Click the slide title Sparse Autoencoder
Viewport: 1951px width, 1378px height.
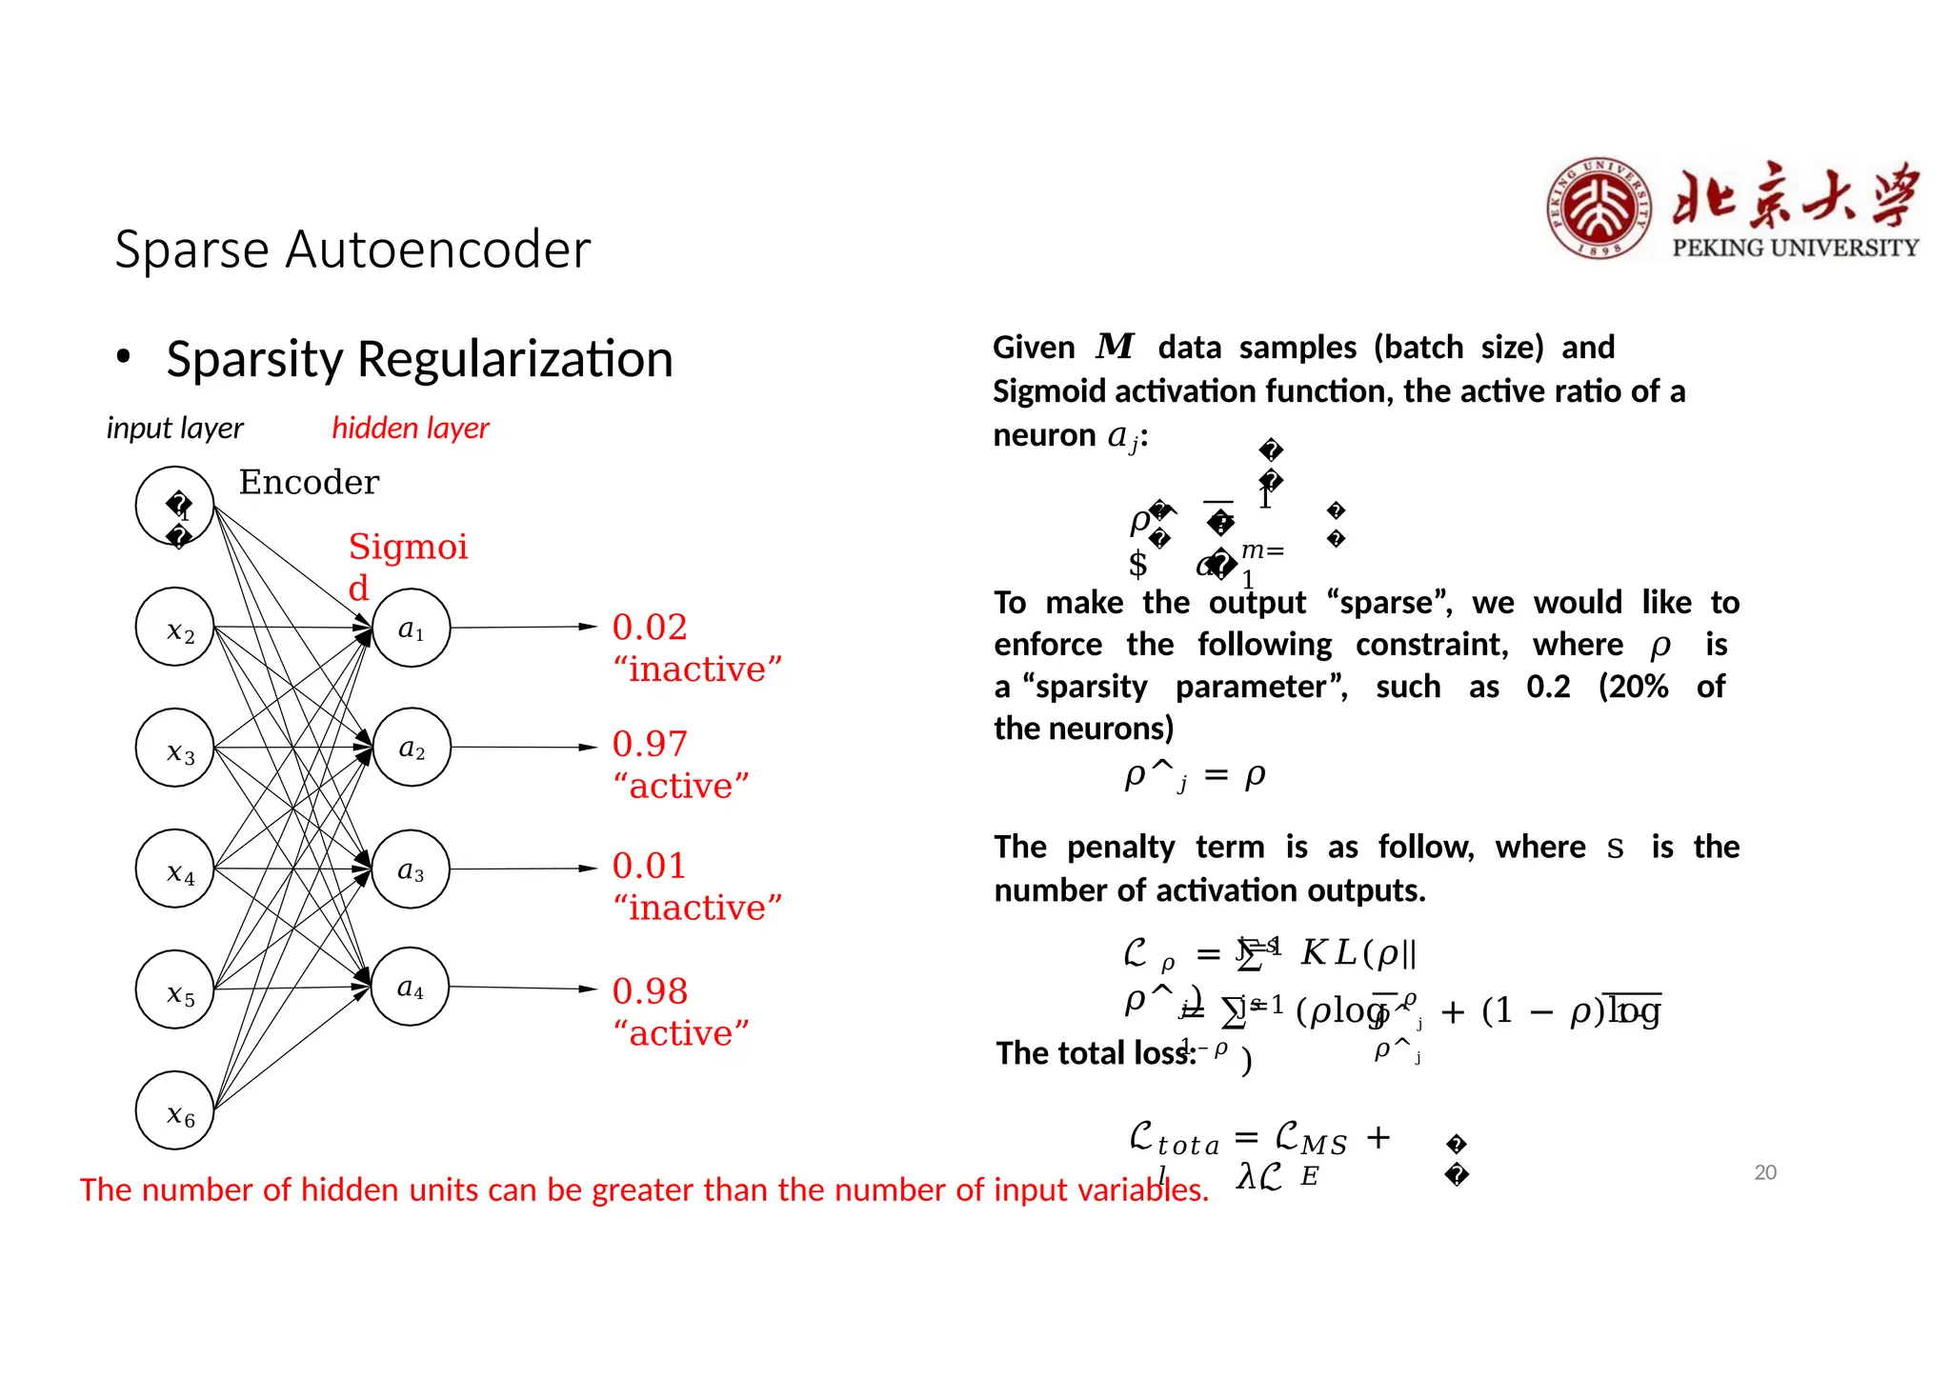[x=352, y=250]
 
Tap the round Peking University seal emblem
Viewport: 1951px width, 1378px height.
[x=1599, y=209]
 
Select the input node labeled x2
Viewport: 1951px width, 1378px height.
[x=175, y=628]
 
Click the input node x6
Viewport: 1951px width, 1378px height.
[x=175, y=1110]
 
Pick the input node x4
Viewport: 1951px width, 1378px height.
[x=175, y=869]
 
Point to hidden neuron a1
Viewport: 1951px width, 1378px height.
[x=411, y=628]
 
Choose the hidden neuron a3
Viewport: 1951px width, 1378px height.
[x=411, y=869]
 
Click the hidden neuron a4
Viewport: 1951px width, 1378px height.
[x=411, y=987]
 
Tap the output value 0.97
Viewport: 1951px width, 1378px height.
[x=650, y=744]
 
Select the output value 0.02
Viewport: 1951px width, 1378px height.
[x=650, y=627]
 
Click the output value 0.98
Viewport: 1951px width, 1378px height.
[x=650, y=990]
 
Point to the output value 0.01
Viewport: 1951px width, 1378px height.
[x=650, y=865]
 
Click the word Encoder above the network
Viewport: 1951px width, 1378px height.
[x=309, y=482]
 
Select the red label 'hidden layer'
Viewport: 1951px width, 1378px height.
[x=410, y=429]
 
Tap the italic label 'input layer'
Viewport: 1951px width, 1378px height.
[x=174, y=429]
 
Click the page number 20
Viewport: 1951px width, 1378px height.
[x=1765, y=1172]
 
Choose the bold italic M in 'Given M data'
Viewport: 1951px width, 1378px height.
[x=1115, y=347]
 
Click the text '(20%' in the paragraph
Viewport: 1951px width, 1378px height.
[x=1633, y=687]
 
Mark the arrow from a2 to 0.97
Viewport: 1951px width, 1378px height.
[x=524, y=748]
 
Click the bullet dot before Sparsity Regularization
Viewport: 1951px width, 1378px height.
[x=123, y=358]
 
